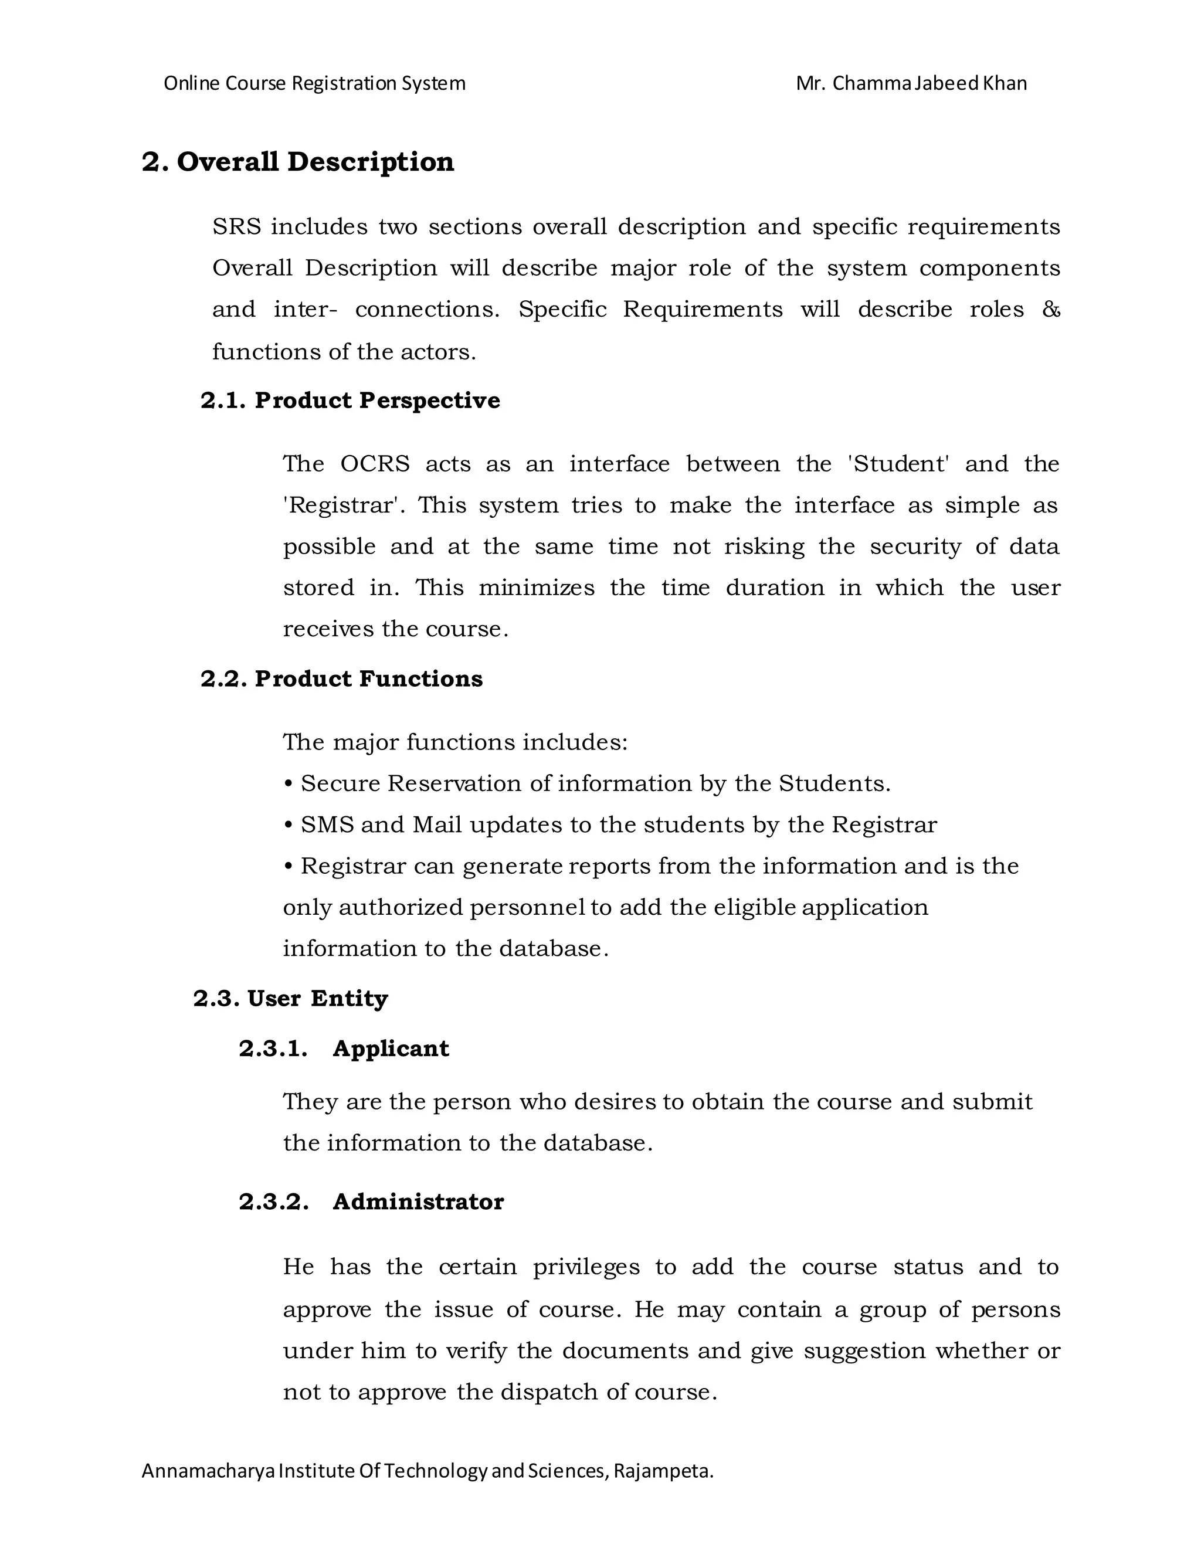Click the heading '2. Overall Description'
(x=297, y=162)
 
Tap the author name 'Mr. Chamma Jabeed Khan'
(x=911, y=83)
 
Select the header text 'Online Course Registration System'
(x=314, y=83)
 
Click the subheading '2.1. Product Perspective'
(x=350, y=401)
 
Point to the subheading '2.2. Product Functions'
(x=341, y=679)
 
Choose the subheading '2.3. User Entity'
(x=290, y=999)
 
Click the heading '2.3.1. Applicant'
(x=344, y=1049)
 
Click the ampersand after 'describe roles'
(x=1050, y=310)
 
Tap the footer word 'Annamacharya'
(x=208, y=1471)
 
